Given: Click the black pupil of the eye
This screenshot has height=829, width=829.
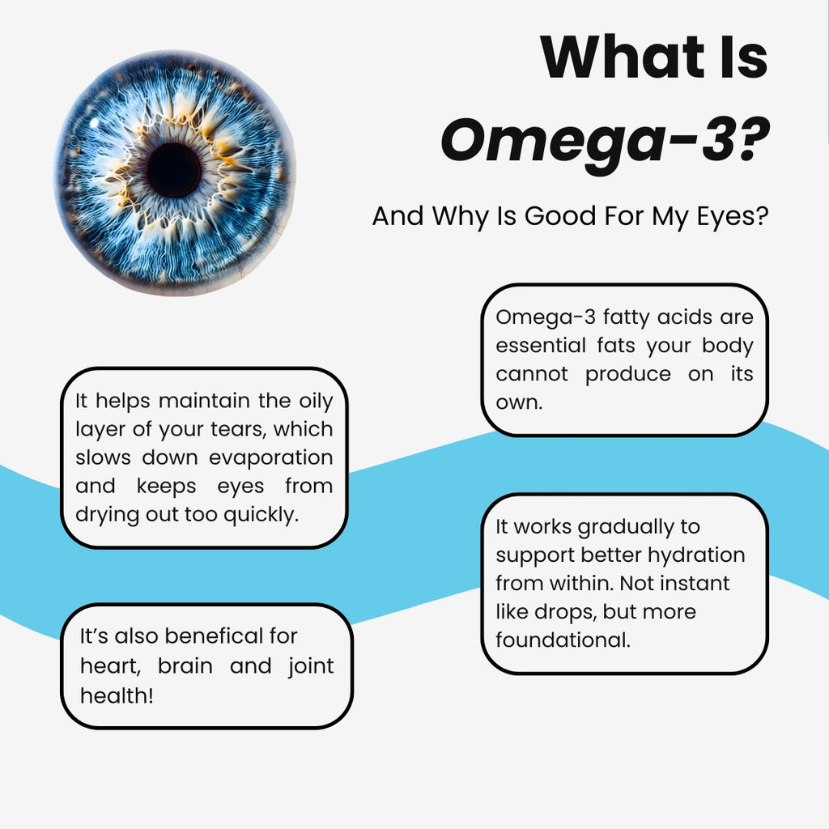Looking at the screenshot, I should [x=173, y=169].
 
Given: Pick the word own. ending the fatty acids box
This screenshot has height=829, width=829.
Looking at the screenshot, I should [x=519, y=402].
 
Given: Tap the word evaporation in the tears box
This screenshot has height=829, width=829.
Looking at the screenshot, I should [x=271, y=457].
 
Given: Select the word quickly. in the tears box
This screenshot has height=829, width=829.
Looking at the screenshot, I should [x=257, y=514].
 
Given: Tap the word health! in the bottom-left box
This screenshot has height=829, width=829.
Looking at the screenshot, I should [x=117, y=695].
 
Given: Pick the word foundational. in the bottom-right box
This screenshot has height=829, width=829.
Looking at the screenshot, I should [x=563, y=640].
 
